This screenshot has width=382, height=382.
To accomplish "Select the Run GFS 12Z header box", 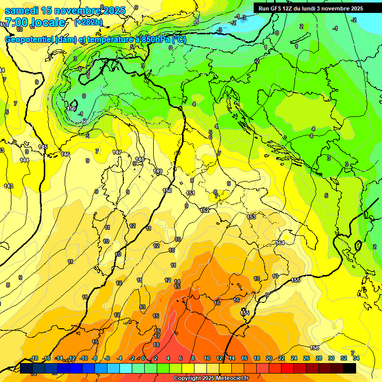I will [x=311, y=8].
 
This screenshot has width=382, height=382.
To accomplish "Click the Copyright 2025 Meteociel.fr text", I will [x=211, y=378].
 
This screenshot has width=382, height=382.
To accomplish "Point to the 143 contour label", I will [x=8, y=186].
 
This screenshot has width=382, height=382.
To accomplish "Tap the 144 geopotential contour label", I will [x=24, y=160].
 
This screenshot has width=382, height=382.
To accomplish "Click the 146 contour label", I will [x=65, y=154].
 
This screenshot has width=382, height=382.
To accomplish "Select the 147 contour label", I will [x=117, y=152].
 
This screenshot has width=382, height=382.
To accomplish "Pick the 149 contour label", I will [x=158, y=171].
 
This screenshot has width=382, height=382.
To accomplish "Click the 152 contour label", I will [x=204, y=210].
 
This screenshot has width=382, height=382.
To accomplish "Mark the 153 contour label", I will [x=251, y=217].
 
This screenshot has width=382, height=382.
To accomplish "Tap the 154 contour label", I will [x=280, y=243].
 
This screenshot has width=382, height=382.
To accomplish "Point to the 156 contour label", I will [x=314, y=347].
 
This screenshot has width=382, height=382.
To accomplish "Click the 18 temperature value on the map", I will [x=156, y=345].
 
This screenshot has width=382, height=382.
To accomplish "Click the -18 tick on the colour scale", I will [x=34, y=358].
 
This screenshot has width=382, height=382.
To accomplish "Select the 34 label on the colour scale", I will [x=356, y=358].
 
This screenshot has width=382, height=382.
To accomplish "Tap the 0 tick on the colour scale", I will [x=143, y=358].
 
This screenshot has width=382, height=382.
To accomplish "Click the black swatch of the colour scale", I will [x=350, y=368].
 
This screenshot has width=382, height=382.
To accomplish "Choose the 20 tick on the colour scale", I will [x=269, y=358].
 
